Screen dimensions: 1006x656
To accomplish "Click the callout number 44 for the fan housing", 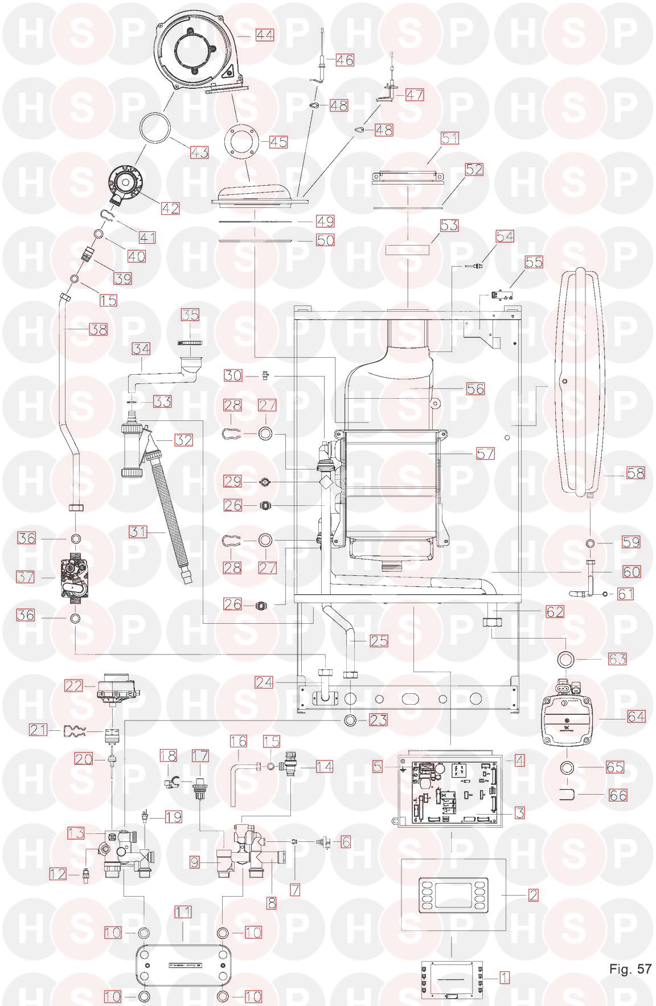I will tap(264, 35).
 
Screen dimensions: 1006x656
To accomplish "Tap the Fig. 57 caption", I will tap(630, 968).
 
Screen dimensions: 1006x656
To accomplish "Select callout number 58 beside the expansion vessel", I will tap(635, 473).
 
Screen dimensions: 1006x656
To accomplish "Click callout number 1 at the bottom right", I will tap(504, 978).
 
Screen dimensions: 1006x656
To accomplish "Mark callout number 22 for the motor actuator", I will tap(73, 686).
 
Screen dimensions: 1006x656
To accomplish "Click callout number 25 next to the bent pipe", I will tap(379, 641).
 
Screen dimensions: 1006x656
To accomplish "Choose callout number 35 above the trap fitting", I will tap(190, 314).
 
